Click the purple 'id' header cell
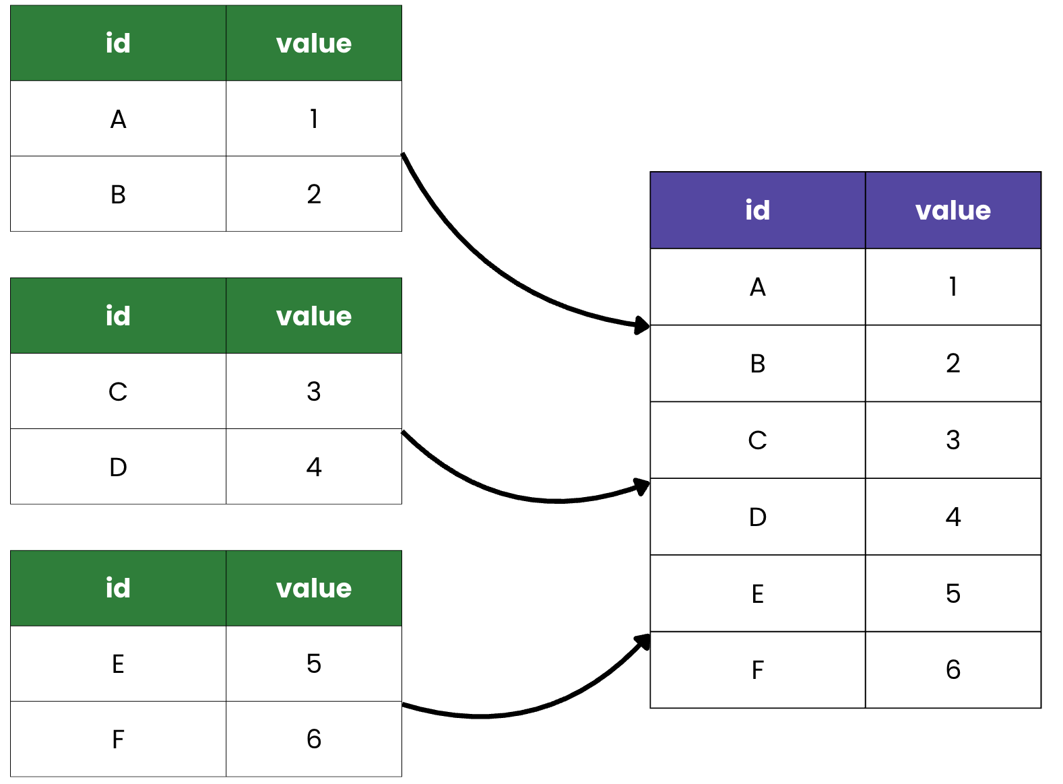pyautogui.click(x=757, y=210)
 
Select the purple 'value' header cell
pyautogui.click(x=953, y=210)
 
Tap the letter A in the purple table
pyautogui.click(x=757, y=287)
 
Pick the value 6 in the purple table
pyautogui.click(x=953, y=669)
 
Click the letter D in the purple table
pyautogui.click(x=757, y=517)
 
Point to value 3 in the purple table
pyautogui.click(x=953, y=440)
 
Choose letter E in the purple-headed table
pyautogui.click(x=757, y=593)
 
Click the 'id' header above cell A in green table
pyautogui.click(x=118, y=43)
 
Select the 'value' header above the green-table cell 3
pyautogui.click(x=313, y=316)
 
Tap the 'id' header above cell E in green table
pyautogui.click(x=118, y=588)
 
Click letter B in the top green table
pyautogui.click(x=118, y=195)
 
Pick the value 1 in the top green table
pyautogui.click(x=313, y=119)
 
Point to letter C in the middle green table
pyautogui.click(x=118, y=391)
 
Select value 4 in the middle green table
pyautogui.click(x=313, y=467)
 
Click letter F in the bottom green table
pyautogui.click(x=118, y=740)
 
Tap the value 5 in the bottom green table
pyautogui.click(x=313, y=663)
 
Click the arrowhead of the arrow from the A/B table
pyautogui.click(x=642, y=326)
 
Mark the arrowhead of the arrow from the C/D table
pyautogui.click(x=642, y=486)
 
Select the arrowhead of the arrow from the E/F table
pyautogui.click(x=643, y=641)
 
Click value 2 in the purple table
pyautogui.click(x=953, y=364)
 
